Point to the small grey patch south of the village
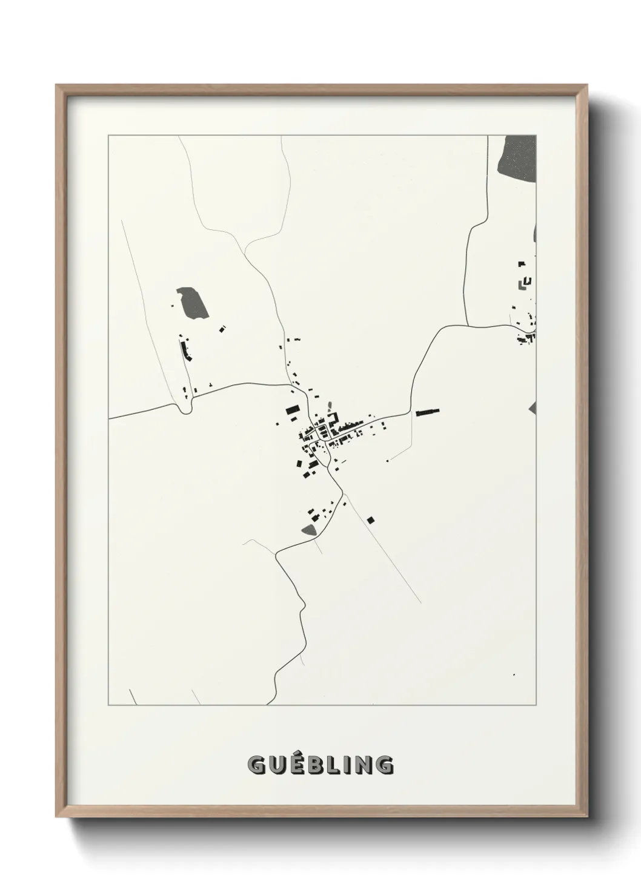point(309,530)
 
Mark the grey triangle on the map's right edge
point(533,407)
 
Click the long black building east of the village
point(427,412)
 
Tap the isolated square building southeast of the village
point(371,519)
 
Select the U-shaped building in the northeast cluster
point(526,281)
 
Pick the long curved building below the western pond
point(184,350)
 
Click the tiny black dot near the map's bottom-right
point(513,674)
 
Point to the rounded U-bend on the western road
point(186,409)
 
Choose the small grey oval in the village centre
point(330,404)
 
